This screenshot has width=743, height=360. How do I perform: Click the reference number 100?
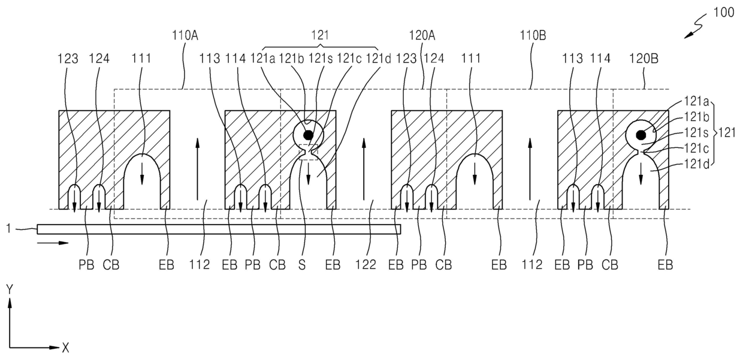click(723, 13)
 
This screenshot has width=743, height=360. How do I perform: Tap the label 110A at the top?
click(185, 35)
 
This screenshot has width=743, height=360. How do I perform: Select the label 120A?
click(422, 35)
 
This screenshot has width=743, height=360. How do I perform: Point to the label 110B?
click(533, 35)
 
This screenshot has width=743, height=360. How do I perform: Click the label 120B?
click(644, 59)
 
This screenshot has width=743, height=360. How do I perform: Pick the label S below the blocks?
click(302, 265)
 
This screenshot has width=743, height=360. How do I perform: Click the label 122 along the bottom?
click(366, 265)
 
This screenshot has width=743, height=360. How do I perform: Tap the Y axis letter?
click(10, 289)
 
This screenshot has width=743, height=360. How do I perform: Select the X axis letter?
click(65, 348)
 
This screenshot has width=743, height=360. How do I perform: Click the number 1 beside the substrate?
click(9, 228)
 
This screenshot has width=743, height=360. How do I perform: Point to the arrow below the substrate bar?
click(53, 243)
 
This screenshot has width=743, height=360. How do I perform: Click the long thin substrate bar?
click(219, 229)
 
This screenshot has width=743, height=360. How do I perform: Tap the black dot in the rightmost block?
click(641, 135)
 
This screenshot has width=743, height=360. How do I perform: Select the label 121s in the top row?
click(321, 59)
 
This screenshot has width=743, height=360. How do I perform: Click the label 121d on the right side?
click(696, 164)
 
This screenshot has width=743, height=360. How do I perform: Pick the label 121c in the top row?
click(349, 59)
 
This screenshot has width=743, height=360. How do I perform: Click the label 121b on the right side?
click(696, 117)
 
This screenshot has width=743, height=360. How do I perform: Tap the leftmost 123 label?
click(68, 59)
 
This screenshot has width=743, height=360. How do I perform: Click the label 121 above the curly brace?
click(320, 35)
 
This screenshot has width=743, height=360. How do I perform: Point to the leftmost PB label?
click(86, 265)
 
